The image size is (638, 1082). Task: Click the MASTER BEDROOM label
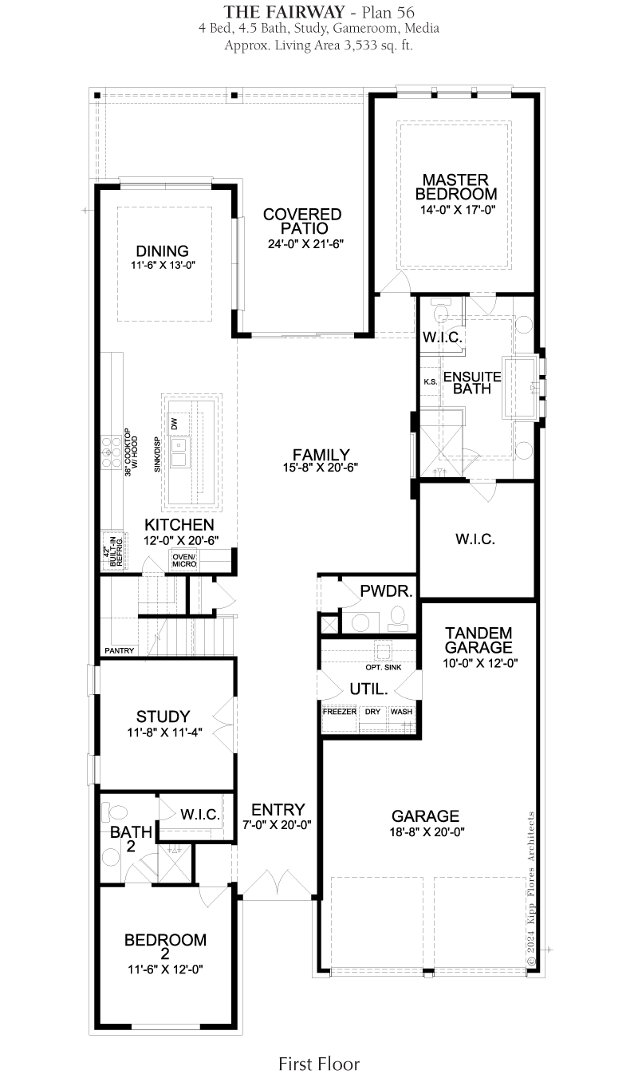(456, 187)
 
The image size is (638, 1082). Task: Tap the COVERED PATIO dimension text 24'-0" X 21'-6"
(305, 244)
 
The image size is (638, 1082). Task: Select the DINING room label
(162, 251)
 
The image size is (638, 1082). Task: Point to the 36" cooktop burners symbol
(112, 452)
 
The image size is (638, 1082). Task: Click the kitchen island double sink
(179, 453)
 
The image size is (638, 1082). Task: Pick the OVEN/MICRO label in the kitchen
(184, 560)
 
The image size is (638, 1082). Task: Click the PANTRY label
(119, 650)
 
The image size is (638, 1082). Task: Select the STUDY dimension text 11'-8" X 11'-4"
(164, 733)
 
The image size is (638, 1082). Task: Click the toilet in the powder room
(397, 618)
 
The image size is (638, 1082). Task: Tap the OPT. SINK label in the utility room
(384, 667)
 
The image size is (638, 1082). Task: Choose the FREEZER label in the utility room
(340, 712)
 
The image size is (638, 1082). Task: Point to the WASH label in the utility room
(401, 712)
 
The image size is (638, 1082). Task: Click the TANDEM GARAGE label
(478, 640)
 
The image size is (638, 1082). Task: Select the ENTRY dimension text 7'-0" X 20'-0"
(277, 824)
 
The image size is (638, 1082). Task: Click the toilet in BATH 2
(116, 811)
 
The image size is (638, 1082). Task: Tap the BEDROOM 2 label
(165, 946)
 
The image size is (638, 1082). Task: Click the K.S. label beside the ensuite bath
(431, 381)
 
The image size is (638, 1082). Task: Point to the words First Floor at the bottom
(319, 1064)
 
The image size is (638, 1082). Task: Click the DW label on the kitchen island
(175, 424)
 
